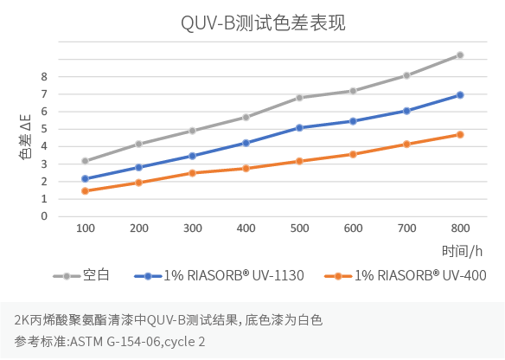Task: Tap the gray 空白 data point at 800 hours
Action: [460, 55]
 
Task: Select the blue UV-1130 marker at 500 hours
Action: [299, 128]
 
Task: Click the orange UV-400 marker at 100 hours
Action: [86, 191]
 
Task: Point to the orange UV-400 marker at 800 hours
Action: [460, 135]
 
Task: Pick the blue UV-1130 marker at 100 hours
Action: [86, 179]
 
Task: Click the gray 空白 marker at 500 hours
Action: [299, 98]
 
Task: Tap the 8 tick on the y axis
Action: [44, 76]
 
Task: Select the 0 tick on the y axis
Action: [44, 216]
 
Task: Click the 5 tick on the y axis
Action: [44, 129]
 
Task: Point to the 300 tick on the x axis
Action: [192, 228]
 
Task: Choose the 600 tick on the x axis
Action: [353, 228]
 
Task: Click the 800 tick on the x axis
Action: [460, 228]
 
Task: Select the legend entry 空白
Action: [94, 276]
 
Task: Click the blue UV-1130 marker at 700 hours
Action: [406, 111]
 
